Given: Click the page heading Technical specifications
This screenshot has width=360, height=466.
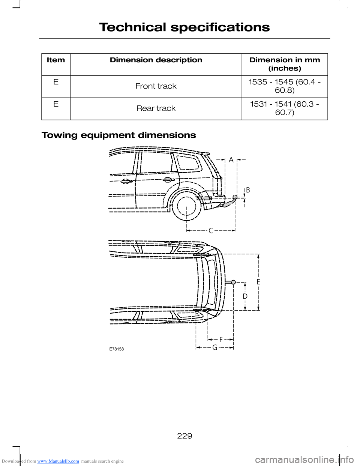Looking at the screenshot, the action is coord(184,27).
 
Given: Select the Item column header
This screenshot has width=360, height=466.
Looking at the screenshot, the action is coord(56,60).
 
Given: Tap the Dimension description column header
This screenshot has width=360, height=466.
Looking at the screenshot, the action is coord(156,60).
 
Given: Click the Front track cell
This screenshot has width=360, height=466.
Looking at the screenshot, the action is coord(156,86).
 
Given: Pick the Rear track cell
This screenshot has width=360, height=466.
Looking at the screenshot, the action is coord(156,108).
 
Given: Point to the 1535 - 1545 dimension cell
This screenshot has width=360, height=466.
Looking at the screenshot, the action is coord(285,86).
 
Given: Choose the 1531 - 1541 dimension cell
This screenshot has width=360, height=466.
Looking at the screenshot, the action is coord(285,108).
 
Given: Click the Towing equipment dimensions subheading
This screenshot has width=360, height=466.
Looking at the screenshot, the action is coord(119,135).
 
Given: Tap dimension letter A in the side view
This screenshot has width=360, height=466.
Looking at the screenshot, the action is coord(231,160).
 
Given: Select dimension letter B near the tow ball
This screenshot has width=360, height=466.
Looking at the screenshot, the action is coord(248,190).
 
